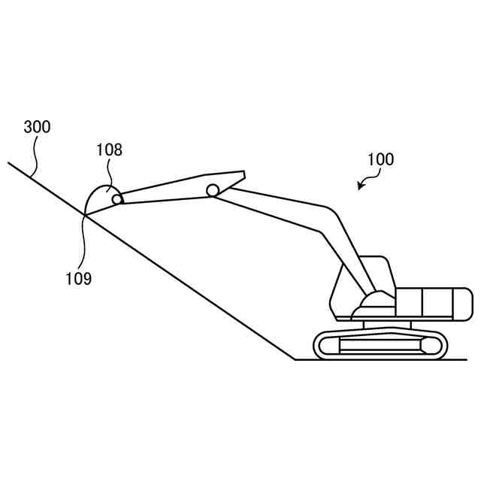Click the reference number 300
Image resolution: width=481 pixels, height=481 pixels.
[x=38, y=127]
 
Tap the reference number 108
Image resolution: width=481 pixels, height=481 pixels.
[x=109, y=150]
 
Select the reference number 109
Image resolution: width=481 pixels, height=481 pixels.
[x=78, y=279]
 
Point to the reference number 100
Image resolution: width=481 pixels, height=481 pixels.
[x=380, y=159]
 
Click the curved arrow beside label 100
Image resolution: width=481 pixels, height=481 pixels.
[x=365, y=180]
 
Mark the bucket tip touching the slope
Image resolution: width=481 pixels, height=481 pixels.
[x=85, y=216]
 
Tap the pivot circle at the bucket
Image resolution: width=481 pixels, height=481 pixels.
[x=117, y=199]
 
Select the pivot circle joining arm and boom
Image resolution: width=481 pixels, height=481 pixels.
[x=213, y=190]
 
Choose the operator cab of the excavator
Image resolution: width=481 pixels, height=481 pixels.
[x=361, y=282]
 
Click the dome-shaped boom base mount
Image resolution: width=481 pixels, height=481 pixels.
[x=374, y=300]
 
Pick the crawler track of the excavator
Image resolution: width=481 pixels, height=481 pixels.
[x=380, y=345]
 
